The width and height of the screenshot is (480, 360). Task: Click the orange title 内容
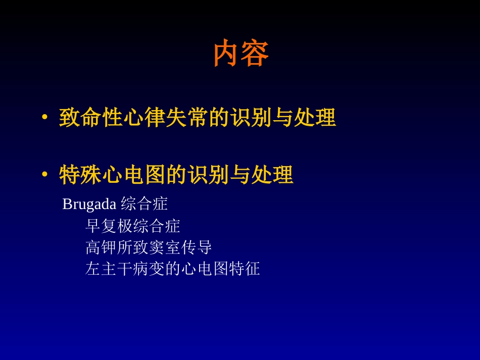(241, 54)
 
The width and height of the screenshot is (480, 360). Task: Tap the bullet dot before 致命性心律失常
(45, 118)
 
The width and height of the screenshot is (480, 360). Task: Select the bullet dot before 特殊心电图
(45, 175)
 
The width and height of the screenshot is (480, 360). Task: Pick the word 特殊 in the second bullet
(80, 175)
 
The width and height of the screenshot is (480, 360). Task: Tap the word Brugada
(89, 204)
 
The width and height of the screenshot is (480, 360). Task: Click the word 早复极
(109, 226)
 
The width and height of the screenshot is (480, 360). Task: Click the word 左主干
(109, 269)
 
